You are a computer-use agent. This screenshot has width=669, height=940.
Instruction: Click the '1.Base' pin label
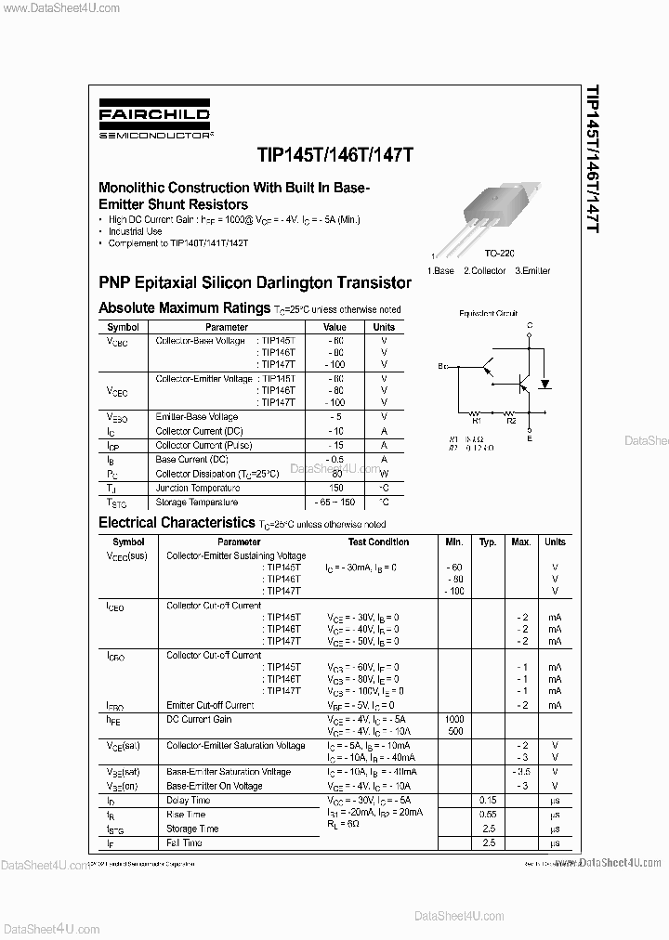440,271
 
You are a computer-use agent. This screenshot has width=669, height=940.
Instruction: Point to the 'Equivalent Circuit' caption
488,314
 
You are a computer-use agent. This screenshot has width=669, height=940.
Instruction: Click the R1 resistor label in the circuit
475,420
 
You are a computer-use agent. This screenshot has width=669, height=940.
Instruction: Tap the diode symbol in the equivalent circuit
545,382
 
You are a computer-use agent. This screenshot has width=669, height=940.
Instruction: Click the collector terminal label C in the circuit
530,326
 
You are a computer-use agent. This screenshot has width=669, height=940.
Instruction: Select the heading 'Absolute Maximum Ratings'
184,307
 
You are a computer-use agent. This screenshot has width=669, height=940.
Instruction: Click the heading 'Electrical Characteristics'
177,523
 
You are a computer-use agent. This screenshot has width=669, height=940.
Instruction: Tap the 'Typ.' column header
488,542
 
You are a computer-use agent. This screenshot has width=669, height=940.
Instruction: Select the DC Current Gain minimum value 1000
453,719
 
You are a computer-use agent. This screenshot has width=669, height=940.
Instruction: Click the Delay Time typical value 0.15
488,800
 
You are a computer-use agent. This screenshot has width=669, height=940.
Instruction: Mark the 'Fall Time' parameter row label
184,842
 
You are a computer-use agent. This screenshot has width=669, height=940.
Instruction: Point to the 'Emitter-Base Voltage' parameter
197,417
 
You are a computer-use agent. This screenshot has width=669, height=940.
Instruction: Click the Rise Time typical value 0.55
488,814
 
